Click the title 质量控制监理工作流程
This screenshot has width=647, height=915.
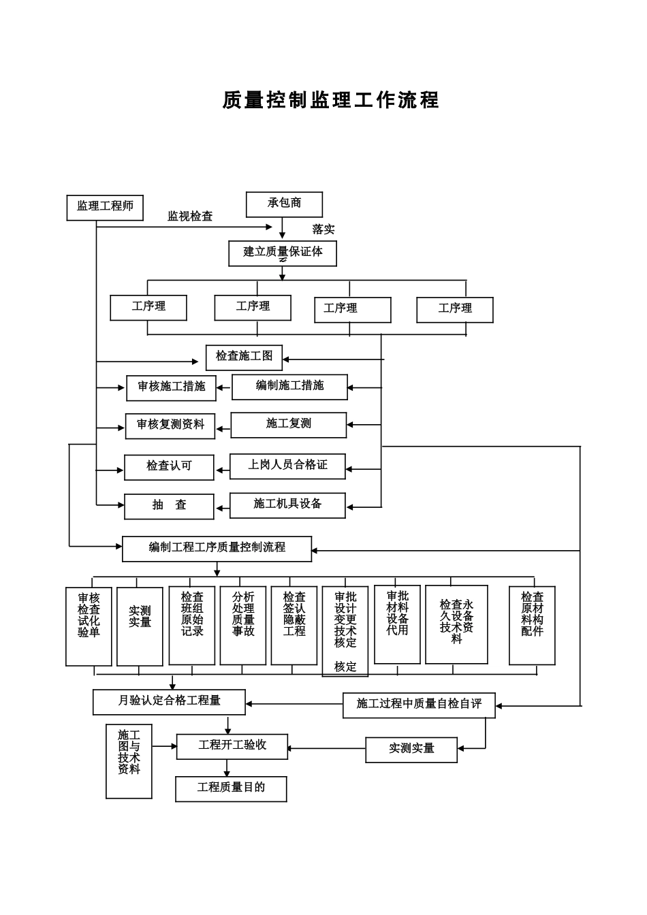[x=331, y=100]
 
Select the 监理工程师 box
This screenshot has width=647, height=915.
[x=105, y=207]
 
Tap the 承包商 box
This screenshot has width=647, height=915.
[x=284, y=204]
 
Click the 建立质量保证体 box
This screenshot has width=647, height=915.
[x=283, y=253]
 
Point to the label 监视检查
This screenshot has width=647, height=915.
[x=190, y=216]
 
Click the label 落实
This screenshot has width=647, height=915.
[x=323, y=229]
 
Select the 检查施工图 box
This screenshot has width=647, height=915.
[x=244, y=357]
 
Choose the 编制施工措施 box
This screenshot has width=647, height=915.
[x=289, y=387]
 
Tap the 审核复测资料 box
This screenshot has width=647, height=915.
[x=170, y=426]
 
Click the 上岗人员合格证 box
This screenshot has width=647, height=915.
[x=287, y=466]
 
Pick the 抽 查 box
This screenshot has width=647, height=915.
[x=169, y=506]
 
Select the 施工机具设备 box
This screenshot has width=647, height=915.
[x=287, y=504]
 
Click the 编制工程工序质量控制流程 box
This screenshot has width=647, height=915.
[x=217, y=548]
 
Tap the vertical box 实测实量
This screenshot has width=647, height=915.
[x=140, y=626]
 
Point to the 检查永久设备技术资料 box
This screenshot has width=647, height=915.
[x=456, y=624]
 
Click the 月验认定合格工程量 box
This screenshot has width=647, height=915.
[x=169, y=701]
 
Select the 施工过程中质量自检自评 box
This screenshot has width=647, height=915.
[x=419, y=705]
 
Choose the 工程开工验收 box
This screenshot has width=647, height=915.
[x=232, y=746]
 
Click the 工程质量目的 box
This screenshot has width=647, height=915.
[x=231, y=788]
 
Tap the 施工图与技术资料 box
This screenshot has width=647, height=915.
[x=129, y=760]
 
